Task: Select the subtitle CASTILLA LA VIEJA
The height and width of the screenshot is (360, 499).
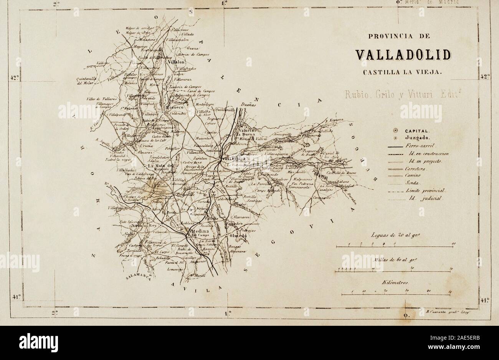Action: (403, 71)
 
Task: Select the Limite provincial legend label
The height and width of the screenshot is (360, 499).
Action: (424, 191)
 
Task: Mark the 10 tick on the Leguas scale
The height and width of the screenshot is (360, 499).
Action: (454, 244)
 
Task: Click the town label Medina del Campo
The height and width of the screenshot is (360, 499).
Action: (198, 231)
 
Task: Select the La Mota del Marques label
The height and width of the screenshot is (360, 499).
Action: (161, 166)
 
